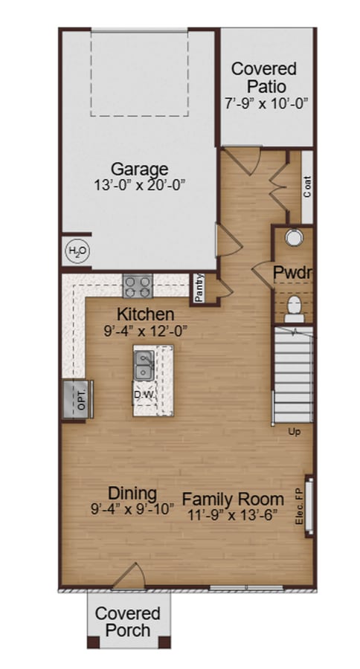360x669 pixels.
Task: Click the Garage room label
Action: pos(139,168)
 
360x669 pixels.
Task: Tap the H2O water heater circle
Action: pos(77,252)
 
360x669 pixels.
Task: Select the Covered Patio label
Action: pos(263,77)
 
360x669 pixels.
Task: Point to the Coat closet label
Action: pos(307,187)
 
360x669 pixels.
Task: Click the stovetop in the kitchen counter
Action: pos(138,285)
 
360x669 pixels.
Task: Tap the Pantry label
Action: pos(199,288)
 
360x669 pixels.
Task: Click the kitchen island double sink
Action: pos(144,366)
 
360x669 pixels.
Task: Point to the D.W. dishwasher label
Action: pos(144,394)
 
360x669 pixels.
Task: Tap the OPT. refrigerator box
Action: pos(77,399)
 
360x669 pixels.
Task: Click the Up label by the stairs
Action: pos(294,431)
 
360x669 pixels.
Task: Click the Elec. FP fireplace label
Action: pos(299,506)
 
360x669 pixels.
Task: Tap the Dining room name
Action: pos(132,493)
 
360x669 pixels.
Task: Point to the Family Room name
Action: pos(233,499)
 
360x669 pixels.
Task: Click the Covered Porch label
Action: pos(128,622)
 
